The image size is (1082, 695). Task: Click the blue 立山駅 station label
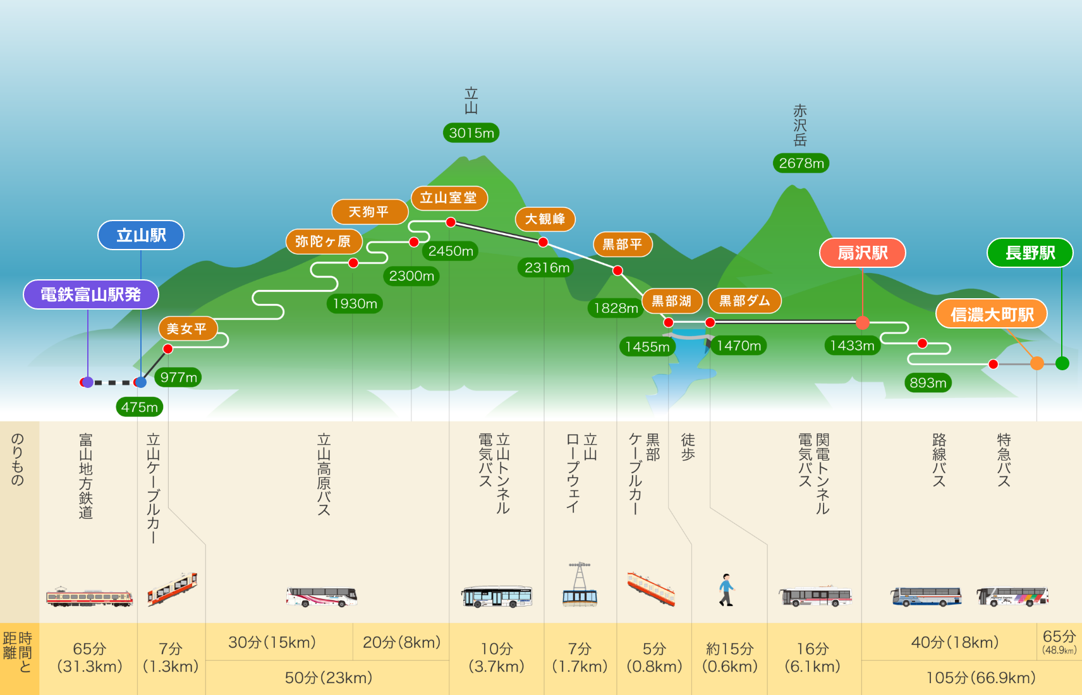[140, 235]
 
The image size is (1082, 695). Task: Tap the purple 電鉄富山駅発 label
[91, 294]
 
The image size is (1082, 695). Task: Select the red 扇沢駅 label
[862, 253]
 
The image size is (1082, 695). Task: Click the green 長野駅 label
[1030, 253]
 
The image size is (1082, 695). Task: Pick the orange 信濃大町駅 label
[992, 314]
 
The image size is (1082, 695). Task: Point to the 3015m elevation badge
[471, 133]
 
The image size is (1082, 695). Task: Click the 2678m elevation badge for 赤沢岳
[801, 163]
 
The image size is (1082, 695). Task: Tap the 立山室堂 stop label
[449, 198]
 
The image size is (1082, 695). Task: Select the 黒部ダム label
[745, 301]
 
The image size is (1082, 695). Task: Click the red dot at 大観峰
[543, 242]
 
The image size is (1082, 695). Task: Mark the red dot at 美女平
[167, 349]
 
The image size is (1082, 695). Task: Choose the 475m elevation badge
[140, 407]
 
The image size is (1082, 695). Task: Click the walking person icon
[726, 589]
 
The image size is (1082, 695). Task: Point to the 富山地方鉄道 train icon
[89, 597]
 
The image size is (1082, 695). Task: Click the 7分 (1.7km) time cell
[580, 658]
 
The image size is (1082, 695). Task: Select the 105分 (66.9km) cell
[981, 678]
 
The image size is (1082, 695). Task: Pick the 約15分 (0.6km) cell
[729, 658]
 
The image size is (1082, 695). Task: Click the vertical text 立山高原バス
[324, 474]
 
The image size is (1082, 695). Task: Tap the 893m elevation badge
[928, 383]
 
